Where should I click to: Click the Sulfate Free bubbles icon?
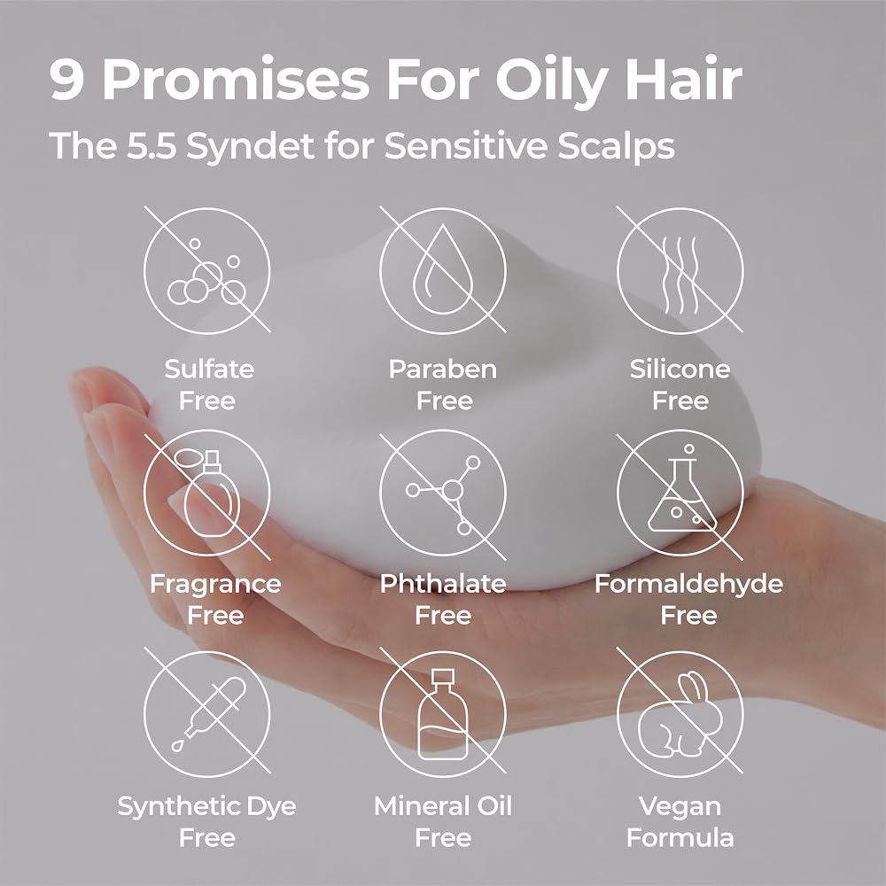coord(206,269)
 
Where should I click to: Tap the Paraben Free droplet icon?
coord(443,269)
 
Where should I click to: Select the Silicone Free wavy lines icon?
coord(680,269)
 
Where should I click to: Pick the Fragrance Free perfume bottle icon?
coord(206,492)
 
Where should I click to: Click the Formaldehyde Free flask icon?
coord(680,492)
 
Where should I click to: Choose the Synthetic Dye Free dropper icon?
coord(206,713)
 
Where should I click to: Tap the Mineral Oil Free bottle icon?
coord(443,713)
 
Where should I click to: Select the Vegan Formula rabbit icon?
coord(680,713)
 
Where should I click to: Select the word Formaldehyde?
coord(688,584)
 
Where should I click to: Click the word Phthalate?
coord(443,583)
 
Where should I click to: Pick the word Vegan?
coord(680,807)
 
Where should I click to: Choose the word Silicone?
coord(680,369)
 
